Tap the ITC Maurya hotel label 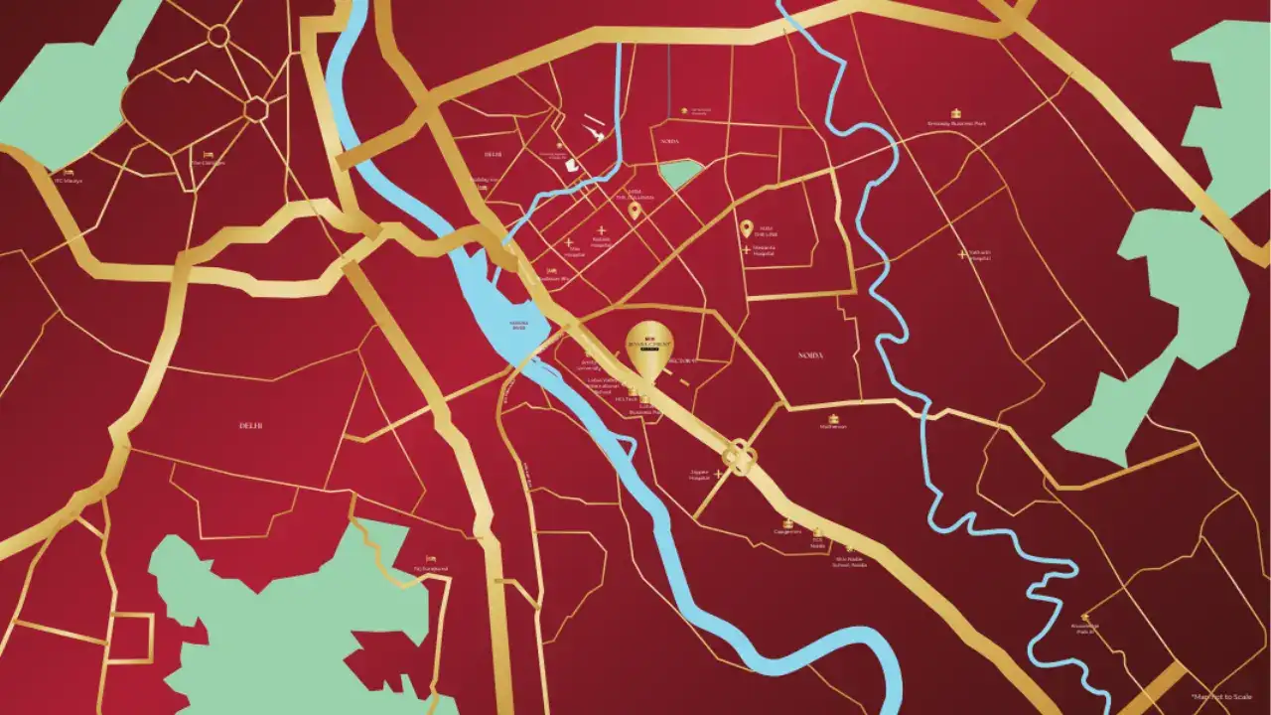[x=68, y=181]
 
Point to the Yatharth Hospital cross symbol [x=962, y=254]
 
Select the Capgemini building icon [x=787, y=522]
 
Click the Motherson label [x=833, y=427]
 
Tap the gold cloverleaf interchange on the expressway [x=740, y=456]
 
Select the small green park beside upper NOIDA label [x=679, y=174]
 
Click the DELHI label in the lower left [x=250, y=425]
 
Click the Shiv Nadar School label [x=850, y=561]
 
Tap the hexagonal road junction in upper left [x=256, y=107]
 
